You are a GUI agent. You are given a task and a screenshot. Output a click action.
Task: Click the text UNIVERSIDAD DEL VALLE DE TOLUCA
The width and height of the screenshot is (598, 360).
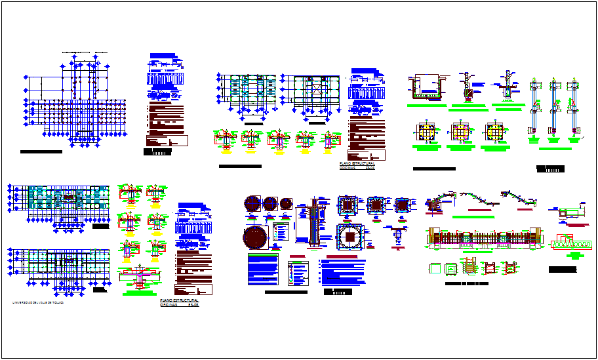click(x=43, y=303)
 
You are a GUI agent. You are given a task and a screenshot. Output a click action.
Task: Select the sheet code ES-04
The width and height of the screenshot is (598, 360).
click(x=370, y=167)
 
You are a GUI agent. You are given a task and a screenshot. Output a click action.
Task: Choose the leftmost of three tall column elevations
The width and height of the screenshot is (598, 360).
click(x=535, y=108)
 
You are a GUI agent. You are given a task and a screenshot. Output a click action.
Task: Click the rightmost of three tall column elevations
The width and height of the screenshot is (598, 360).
click(x=575, y=108)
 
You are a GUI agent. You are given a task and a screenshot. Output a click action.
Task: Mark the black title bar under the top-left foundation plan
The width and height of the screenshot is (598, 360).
click(x=41, y=151)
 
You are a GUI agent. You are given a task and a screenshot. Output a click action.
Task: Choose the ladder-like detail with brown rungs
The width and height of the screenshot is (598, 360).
click(x=470, y=268)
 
